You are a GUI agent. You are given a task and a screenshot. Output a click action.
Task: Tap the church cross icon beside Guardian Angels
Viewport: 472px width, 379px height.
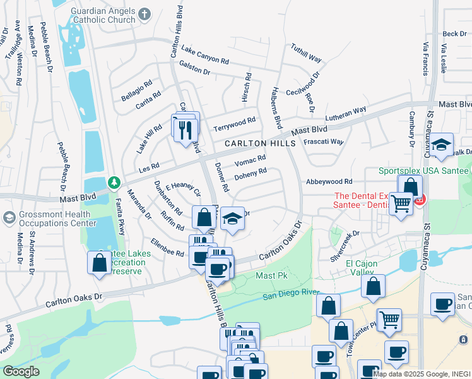(x=145, y=14)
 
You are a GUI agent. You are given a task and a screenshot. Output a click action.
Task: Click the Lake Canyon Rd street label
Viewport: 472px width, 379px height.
(x=204, y=55)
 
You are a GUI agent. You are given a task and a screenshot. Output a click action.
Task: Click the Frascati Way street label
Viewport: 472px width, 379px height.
(x=323, y=142)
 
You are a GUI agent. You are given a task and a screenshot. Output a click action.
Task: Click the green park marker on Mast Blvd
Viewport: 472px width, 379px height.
(x=114, y=183)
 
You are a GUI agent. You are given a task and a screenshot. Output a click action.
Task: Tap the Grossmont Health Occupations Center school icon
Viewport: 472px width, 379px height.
(x=9, y=218)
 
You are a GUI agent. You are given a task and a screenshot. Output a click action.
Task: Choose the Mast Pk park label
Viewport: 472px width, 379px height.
(x=271, y=276)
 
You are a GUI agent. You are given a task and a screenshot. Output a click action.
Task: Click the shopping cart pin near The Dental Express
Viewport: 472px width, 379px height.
(x=401, y=204)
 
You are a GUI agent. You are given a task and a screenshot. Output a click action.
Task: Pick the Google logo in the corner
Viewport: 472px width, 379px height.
(x=21, y=371)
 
